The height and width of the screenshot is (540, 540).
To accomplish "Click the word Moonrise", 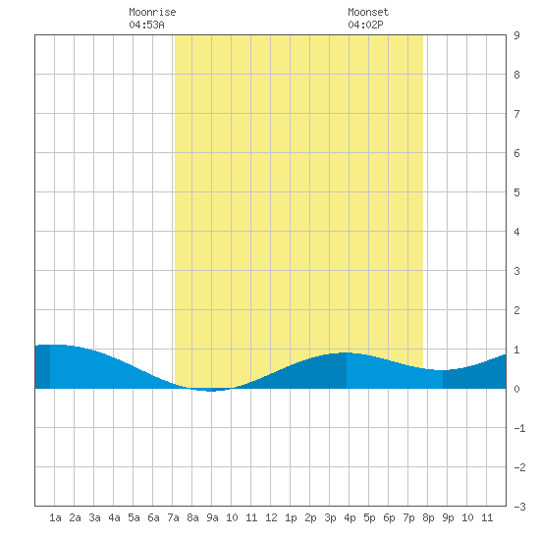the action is (152, 12).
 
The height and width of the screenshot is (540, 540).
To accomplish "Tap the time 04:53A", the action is (146, 25).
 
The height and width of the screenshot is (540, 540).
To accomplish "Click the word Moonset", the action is (368, 12).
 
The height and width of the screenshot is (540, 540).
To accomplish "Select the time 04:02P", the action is (365, 25).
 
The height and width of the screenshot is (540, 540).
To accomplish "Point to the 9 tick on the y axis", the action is (516, 35).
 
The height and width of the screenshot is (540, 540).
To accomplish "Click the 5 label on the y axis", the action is (516, 192).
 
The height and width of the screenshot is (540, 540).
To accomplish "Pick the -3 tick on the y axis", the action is (519, 507).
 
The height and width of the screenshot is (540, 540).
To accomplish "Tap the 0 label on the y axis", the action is (516, 389).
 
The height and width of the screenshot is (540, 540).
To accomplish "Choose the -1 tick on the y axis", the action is (519, 428).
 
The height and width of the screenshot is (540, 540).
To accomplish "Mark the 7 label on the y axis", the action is (516, 114).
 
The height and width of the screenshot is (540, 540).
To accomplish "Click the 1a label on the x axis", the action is (55, 517).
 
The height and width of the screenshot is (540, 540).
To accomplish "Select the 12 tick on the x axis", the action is (271, 517).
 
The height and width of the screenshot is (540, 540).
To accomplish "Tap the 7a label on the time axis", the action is (173, 517).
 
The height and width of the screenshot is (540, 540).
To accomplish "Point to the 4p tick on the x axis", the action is (350, 517).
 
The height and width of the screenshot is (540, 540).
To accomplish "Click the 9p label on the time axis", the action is (448, 517).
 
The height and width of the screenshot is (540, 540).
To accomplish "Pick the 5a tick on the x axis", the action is (134, 517).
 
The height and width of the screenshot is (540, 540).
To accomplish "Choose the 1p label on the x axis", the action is (291, 517).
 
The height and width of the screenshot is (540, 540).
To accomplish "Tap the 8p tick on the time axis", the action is (428, 517).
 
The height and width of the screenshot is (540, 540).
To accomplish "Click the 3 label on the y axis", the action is (516, 271).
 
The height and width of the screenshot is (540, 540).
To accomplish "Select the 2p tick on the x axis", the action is (310, 517).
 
